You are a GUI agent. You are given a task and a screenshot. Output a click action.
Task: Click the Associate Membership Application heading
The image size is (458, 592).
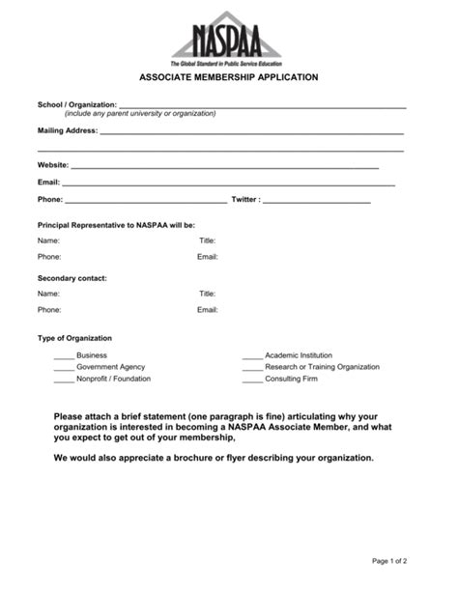pos(229,75)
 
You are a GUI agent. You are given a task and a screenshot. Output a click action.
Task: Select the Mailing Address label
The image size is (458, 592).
pos(68,130)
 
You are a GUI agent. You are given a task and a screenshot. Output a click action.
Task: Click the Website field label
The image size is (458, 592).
pos(54,165)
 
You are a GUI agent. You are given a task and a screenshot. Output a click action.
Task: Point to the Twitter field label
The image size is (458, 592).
pos(245,200)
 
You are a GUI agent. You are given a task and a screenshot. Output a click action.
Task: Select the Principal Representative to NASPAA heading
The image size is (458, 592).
pos(116,223)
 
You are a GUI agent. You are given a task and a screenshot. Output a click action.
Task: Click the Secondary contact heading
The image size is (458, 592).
pos(72,278)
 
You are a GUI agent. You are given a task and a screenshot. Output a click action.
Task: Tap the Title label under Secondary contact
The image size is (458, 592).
pos(207,294)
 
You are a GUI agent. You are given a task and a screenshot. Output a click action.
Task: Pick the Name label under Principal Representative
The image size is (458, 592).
pos(48,240)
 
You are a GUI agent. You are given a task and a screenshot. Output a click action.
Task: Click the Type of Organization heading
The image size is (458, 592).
pos(74,339)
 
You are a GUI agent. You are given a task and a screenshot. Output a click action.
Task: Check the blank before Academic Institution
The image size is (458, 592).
pos(252,355)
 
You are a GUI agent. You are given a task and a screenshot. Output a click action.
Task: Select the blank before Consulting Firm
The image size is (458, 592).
pos(252,379)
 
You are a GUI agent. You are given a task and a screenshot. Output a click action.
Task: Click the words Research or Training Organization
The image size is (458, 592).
pos(322,367)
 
